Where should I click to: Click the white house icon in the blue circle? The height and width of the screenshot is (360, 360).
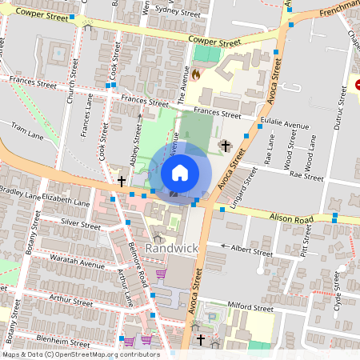pyautogui.click(x=180, y=172)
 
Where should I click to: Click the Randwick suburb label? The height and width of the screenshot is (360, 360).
pyautogui.click(x=171, y=248)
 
